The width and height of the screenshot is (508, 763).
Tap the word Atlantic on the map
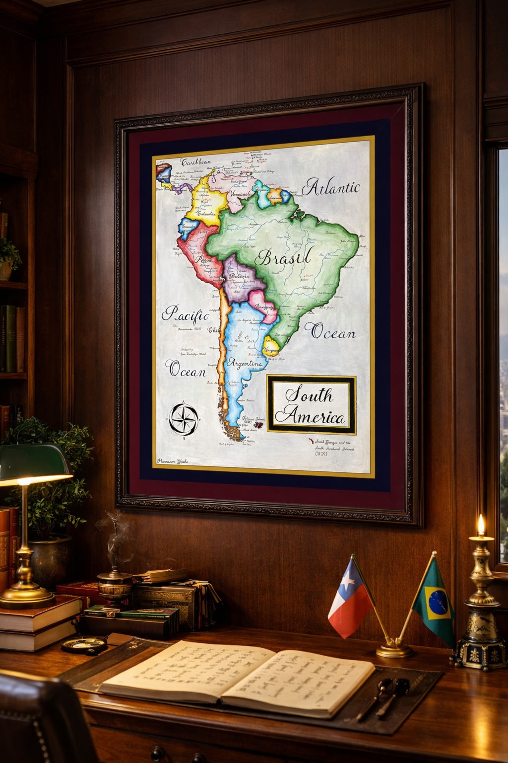coord(331,187)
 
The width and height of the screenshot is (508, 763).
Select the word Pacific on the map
coord(185,314)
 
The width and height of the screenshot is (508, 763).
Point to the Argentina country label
coord(245,364)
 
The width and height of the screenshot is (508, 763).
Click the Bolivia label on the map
coord(240,275)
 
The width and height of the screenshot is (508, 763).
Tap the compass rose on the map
coord(184,419)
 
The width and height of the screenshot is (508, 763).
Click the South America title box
coord(311,405)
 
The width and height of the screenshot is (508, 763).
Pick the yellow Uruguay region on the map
coord(271,345)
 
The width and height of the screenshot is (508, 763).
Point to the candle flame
coord(480,525)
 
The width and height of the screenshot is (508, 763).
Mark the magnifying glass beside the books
coord(84,644)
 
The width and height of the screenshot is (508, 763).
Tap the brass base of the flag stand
coord(394,649)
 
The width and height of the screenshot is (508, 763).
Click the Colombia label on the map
coord(205,213)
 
